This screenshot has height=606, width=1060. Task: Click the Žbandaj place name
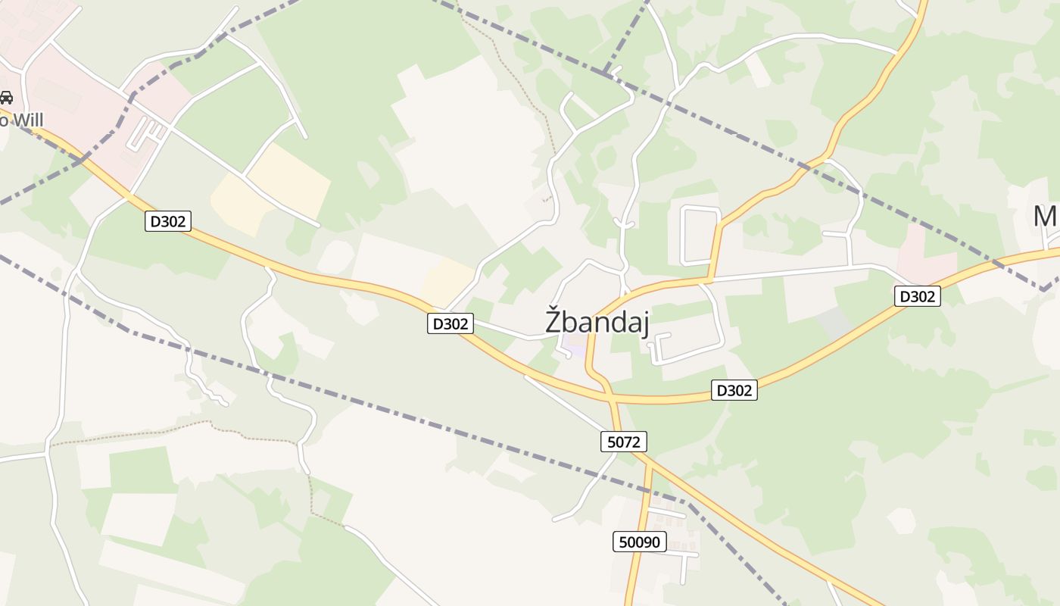point(597,321)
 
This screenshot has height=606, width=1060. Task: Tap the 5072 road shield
point(624,442)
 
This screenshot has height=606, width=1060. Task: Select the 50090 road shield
point(640,542)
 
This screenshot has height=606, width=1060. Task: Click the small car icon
point(6,97)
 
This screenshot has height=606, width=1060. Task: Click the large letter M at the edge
point(1045,217)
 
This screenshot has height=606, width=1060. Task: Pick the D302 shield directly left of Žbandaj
point(450,323)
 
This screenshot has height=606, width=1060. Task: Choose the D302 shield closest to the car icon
point(167,221)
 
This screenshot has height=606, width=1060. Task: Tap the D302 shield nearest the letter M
point(918,296)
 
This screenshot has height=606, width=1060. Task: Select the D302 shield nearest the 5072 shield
point(734,390)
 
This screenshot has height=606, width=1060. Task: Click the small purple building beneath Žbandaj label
point(576,351)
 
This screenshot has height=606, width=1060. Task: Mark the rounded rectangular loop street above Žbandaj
point(700,235)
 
